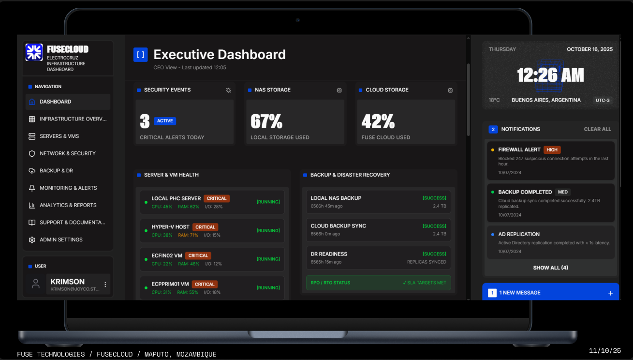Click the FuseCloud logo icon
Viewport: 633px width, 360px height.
coord(34,52)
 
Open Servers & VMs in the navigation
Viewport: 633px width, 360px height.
coord(59,136)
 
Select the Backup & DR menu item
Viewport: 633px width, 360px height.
coord(56,171)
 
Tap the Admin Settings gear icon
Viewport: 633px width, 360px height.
coord(32,240)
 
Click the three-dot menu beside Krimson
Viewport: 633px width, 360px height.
coord(105,285)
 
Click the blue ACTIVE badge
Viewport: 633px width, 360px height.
coord(165,121)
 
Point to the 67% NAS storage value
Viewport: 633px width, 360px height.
coord(266,121)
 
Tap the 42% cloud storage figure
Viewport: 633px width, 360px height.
coord(378,121)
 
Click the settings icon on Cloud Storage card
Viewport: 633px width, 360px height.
coord(450,90)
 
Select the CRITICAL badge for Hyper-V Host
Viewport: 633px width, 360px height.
coord(205,227)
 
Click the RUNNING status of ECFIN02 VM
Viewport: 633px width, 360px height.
coord(268,259)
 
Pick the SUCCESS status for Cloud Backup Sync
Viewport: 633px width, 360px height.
coord(434,226)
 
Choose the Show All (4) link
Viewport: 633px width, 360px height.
coord(550,268)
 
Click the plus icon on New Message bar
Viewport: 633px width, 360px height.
coord(610,293)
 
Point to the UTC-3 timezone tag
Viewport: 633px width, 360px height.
coord(603,101)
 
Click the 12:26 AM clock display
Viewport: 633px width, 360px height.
coord(550,75)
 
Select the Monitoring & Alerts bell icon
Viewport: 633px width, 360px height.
coord(32,188)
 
